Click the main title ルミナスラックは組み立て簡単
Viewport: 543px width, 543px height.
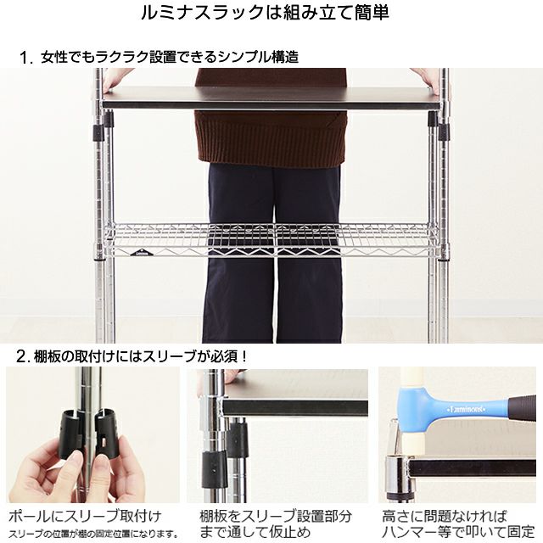click(x=271, y=14)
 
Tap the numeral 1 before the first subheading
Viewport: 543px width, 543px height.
click(x=26, y=58)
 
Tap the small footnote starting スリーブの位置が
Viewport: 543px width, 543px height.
click(x=92, y=534)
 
